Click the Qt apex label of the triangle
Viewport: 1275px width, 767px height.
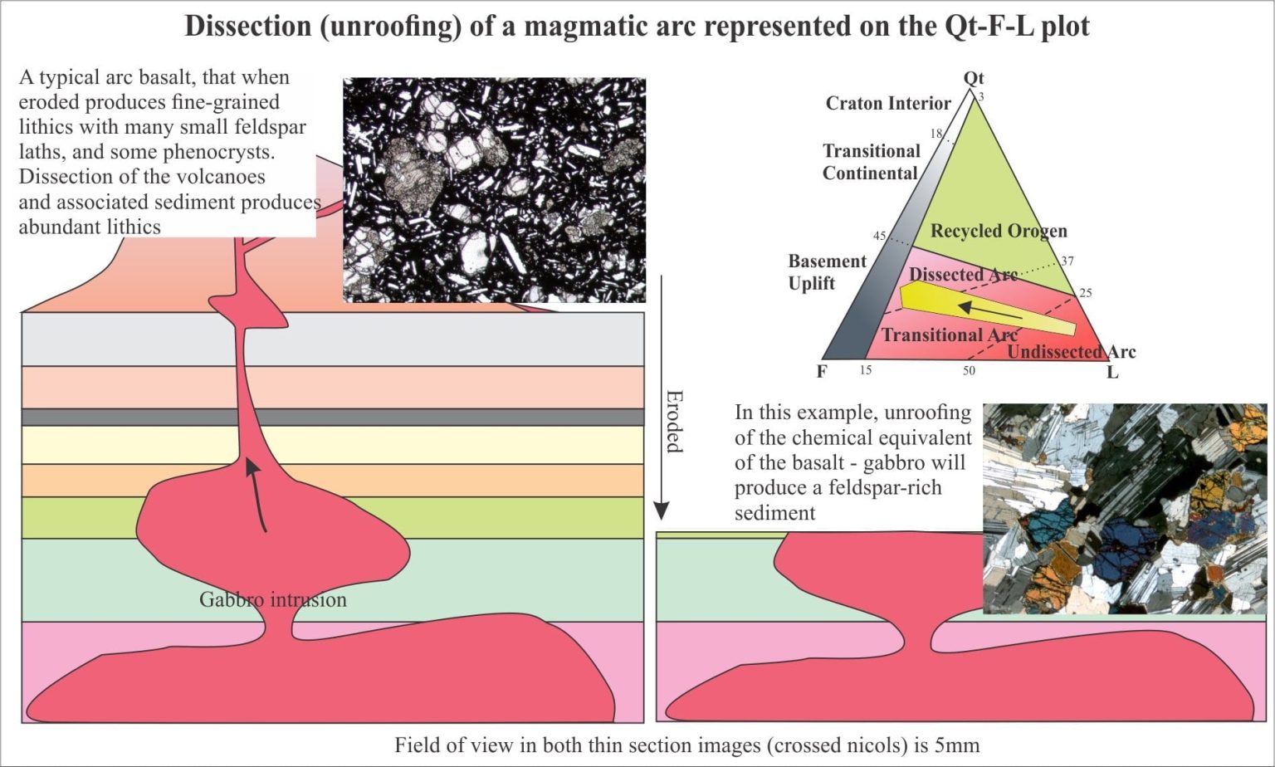(974, 78)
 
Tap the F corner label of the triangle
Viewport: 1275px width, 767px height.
(822, 372)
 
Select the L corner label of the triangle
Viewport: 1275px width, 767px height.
(1112, 373)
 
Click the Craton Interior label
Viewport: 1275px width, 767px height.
(888, 103)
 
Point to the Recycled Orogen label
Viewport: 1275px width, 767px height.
(999, 231)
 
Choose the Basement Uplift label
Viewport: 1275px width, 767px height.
(827, 272)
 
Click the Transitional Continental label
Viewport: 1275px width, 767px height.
(871, 162)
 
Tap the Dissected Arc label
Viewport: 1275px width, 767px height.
(963, 274)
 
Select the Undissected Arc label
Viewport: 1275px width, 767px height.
(1072, 352)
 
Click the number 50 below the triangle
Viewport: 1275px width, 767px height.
(969, 371)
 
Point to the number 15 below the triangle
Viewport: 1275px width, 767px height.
(865, 370)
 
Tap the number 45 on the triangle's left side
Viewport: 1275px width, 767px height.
(879, 236)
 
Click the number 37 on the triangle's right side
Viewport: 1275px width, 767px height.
(1067, 261)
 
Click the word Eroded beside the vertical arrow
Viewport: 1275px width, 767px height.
(674, 421)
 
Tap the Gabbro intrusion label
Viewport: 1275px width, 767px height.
(272, 599)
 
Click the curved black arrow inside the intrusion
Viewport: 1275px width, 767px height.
(256, 495)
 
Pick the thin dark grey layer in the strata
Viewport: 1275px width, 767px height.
(332, 417)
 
